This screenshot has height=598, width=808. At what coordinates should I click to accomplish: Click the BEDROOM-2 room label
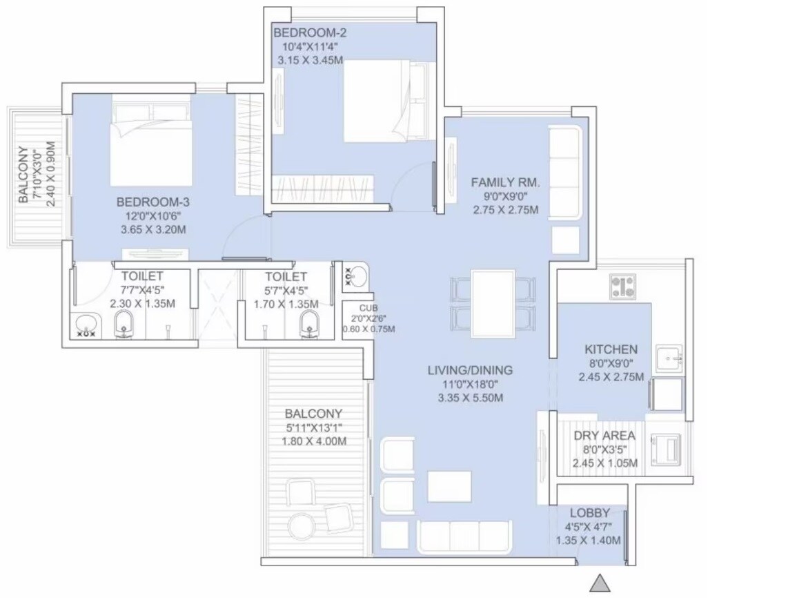pos(304,33)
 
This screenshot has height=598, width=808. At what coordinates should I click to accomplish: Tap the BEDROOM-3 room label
pos(152,202)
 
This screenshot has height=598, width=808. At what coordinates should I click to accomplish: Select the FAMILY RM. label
pos(505,182)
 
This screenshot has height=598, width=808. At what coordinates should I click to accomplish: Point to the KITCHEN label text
pos(611,349)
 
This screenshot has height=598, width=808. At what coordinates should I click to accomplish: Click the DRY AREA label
pos(604,436)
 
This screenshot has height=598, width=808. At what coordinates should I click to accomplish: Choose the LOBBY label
pos(589,513)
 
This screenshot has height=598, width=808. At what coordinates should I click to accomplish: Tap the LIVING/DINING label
pos(470,370)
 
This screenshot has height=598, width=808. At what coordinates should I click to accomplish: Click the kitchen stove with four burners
pos(623,287)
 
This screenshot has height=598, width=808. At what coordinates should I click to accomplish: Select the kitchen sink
pos(668,357)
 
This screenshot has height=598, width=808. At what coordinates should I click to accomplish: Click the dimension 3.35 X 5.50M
pos(470,398)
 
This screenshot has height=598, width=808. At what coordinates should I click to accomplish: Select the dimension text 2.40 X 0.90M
pos(49,174)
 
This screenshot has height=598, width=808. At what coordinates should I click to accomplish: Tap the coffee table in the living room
pos(449,486)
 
